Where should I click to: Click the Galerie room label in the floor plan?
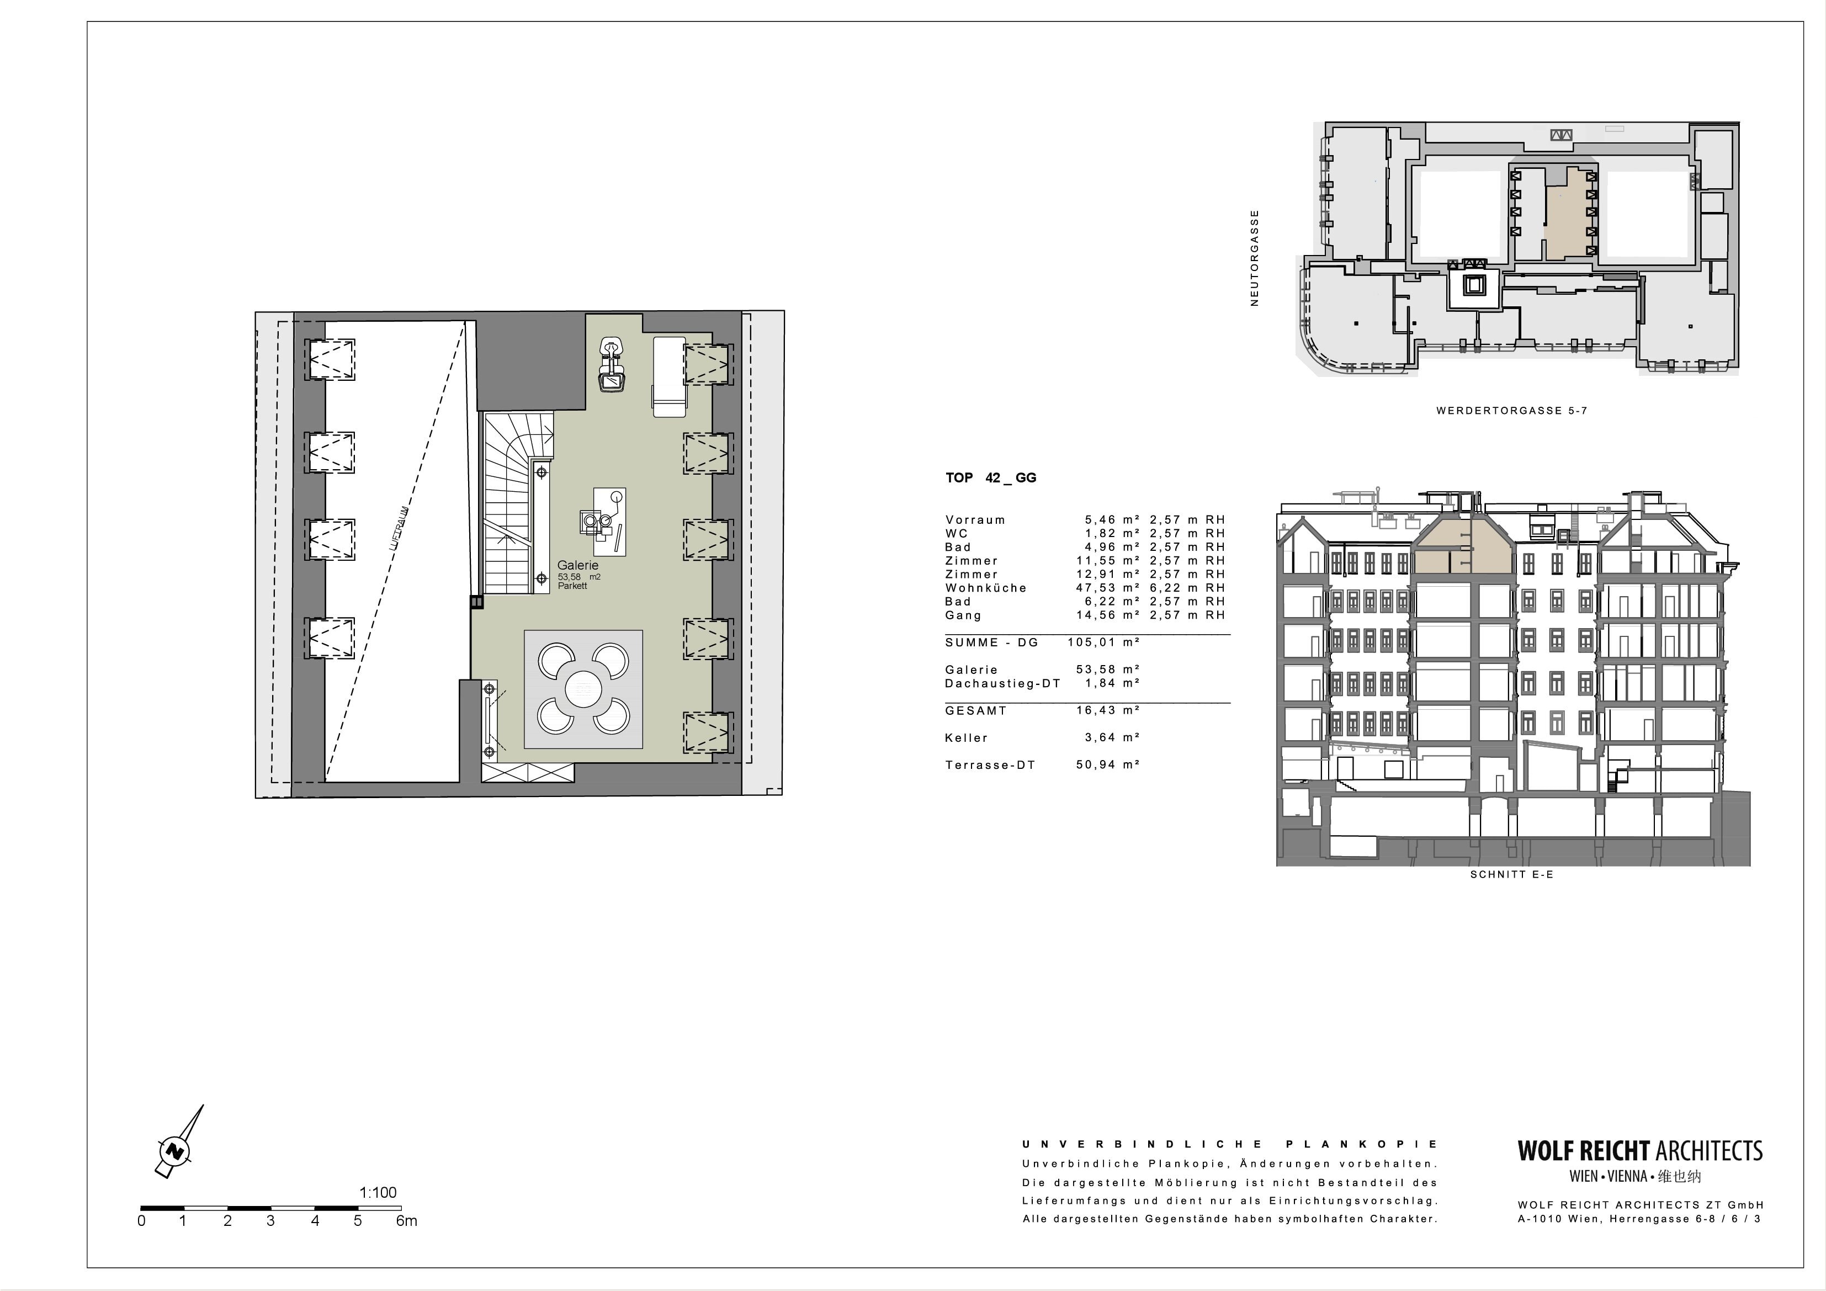pyautogui.click(x=577, y=566)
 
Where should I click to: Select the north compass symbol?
pyautogui.click(x=177, y=1143)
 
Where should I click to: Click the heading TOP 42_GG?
pyautogui.click(x=991, y=478)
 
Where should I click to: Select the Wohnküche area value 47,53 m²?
pyautogui.click(x=1108, y=588)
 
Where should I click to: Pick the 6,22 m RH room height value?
pyautogui.click(x=1187, y=588)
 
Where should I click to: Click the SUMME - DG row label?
pyautogui.click(x=992, y=642)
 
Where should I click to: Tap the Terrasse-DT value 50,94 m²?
pyautogui.click(x=1108, y=765)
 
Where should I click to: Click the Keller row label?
pyautogui.click(x=967, y=738)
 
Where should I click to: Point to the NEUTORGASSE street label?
pyautogui.click(x=1255, y=258)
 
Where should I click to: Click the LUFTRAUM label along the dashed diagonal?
pyautogui.click(x=399, y=529)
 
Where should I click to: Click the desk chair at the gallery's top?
pyautogui.click(x=612, y=365)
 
